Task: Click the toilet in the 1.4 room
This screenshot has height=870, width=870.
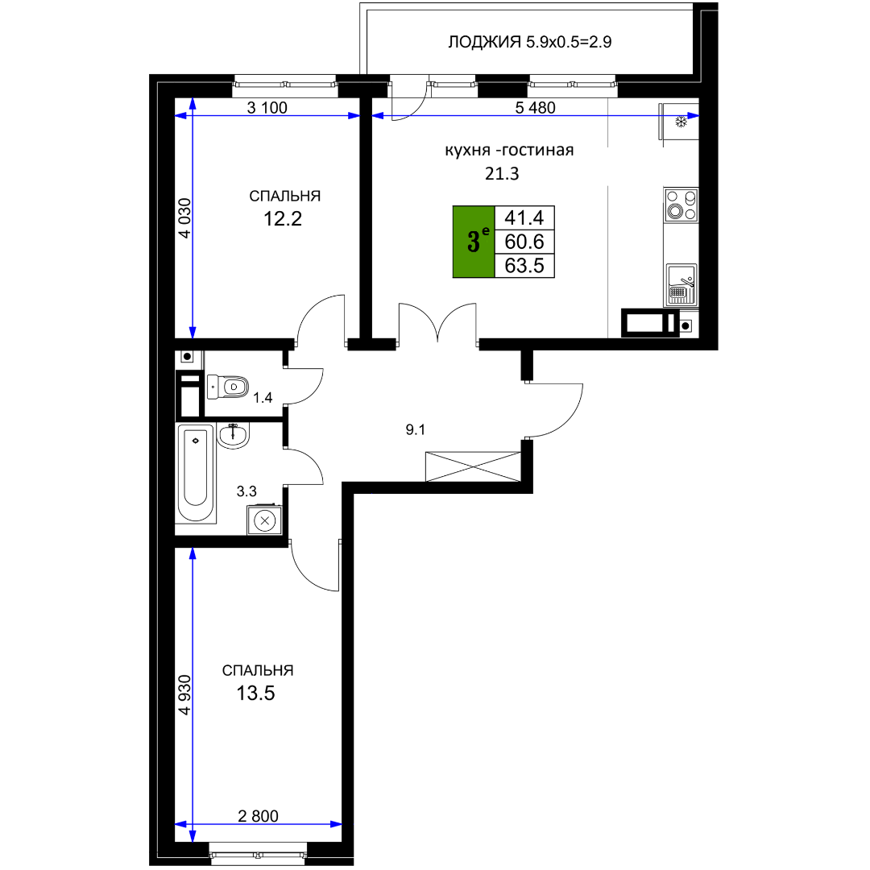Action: click(227, 387)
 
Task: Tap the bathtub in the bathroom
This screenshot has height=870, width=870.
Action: click(195, 473)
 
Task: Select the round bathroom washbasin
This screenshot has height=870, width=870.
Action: click(234, 434)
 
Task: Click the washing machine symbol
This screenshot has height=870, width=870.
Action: click(265, 520)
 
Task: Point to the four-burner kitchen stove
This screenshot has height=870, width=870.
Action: click(681, 205)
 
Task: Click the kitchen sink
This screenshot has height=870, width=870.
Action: click(681, 284)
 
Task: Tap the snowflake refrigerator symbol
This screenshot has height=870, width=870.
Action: click(681, 122)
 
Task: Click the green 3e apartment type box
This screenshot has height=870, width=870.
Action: click(474, 242)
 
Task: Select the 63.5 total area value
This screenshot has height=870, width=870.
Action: click(524, 266)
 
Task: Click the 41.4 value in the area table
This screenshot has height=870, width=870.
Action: click(524, 217)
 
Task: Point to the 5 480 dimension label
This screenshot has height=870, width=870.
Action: click(535, 108)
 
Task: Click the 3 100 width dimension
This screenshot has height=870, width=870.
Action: click(267, 108)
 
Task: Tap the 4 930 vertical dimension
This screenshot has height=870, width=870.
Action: click(184, 694)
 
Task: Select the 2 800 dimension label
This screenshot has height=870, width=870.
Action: click(258, 815)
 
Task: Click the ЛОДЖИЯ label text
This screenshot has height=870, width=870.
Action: click(484, 42)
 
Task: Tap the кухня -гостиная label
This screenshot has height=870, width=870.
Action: click(509, 151)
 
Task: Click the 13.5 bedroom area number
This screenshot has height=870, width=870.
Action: click(256, 694)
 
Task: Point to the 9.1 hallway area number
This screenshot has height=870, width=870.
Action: click(416, 429)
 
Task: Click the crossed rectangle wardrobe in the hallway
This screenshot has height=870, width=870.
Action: click(474, 466)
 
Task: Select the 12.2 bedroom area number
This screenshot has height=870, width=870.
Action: click(283, 219)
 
